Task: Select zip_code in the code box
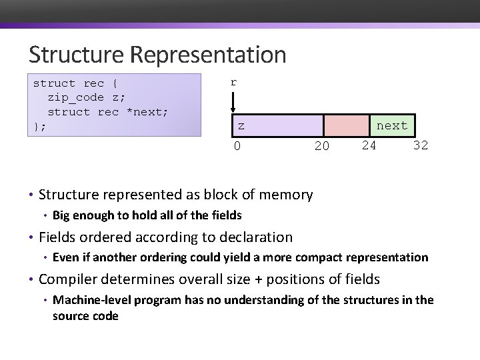(76, 97)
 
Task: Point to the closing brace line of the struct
(40, 125)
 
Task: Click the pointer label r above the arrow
(233, 83)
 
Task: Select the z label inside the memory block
(241, 125)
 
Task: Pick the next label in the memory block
(392, 125)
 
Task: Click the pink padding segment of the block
(347, 125)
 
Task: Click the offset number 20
(321, 146)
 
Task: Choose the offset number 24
(369, 145)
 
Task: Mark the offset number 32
(420, 145)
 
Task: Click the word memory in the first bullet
(283, 195)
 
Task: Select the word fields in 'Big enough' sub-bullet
(226, 215)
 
